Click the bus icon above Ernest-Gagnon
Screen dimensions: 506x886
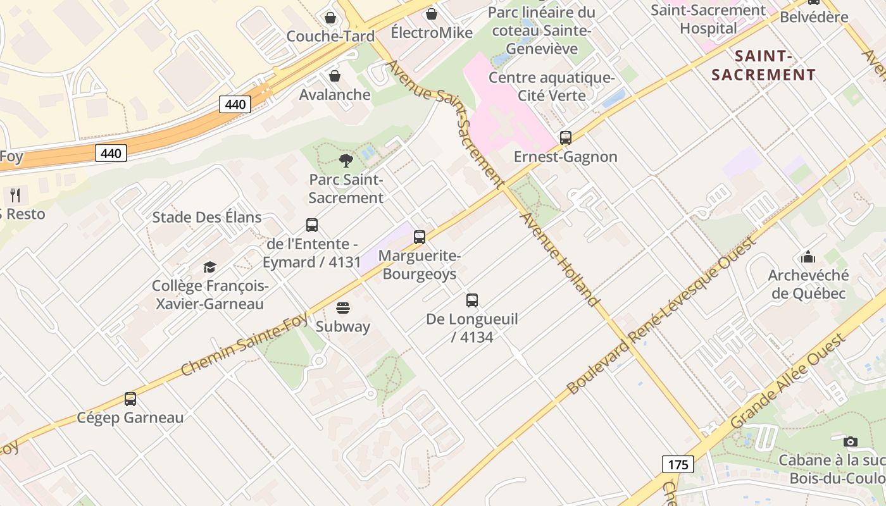pos(565,137)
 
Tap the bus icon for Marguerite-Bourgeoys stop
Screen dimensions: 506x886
pos(419,237)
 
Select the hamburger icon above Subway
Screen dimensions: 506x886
pos(343,308)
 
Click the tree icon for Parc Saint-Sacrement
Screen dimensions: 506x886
pos(346,161)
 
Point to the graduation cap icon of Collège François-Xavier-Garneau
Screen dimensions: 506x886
pos(210,267)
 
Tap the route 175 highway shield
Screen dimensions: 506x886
pos(678,464)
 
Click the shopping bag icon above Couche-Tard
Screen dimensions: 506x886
pos(330,17)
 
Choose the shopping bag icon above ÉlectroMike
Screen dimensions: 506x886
pos(432,13)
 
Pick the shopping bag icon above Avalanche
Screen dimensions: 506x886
pos(334,76)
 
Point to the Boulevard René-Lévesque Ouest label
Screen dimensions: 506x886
pos(662,316)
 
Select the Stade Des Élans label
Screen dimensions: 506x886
pos(207,218)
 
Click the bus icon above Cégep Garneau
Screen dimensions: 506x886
pos(130,398)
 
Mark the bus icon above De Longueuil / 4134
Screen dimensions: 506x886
pos(471,300)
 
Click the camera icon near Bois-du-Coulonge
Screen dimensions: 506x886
pos(851,441)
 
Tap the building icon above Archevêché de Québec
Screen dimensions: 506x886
pos(808,257)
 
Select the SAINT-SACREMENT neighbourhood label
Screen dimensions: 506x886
pos(764,65)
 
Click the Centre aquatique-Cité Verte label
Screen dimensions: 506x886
pos(552,87)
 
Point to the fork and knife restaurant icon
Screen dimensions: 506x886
pos(16,195)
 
